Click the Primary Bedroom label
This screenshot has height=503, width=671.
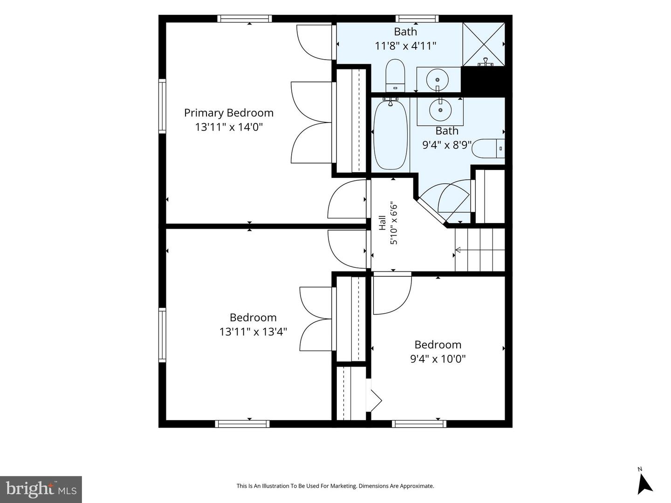click(229, 113)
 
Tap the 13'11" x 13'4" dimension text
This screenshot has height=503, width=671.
click(253, 332)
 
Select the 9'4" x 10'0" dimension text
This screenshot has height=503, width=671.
click(438, 359)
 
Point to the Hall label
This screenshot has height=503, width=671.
click(383, 223)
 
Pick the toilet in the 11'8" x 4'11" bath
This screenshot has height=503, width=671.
click(395, 75)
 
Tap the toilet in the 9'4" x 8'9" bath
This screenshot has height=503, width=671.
click(488, 149)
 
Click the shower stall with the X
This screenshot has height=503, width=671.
click(483, 44)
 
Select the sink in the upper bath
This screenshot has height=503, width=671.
click(438, 79)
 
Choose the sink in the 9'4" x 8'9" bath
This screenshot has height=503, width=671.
click(440, 109)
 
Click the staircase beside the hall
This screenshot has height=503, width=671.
click(479, 250)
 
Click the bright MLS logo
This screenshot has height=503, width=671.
click(41, 489)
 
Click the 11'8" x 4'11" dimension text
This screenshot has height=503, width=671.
click(405, 46)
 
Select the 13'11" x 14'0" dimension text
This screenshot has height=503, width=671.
click(229, 127)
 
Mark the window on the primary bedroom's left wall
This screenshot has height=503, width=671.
click(162, 106)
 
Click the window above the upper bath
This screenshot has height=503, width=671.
click(417, 19)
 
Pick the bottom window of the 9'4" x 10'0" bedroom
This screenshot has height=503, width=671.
click(419, 424)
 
